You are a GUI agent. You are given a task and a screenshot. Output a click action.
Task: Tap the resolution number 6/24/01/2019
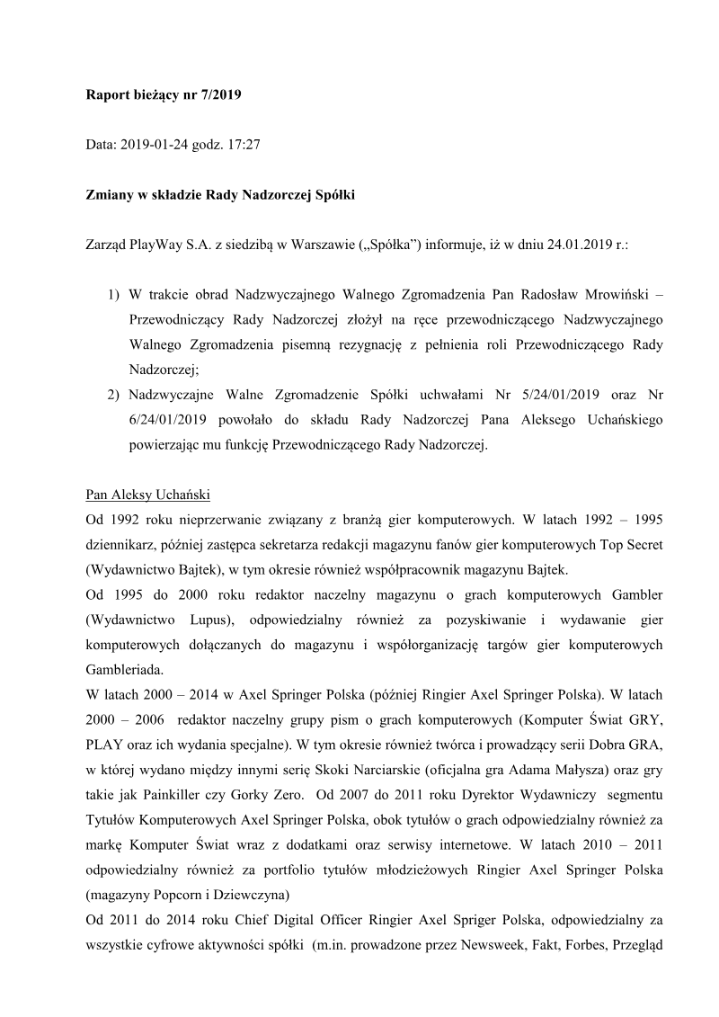click(x=164, y=419)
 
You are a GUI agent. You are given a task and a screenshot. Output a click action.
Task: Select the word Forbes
click(x=576, y=945)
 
